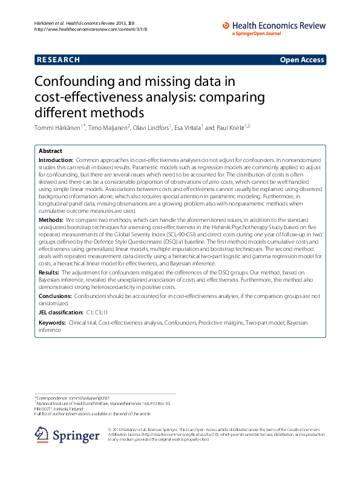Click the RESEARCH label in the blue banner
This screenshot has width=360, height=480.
(59, 60)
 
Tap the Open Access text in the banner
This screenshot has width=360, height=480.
(301, 60)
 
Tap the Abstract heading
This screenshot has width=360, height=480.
(50, 151)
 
